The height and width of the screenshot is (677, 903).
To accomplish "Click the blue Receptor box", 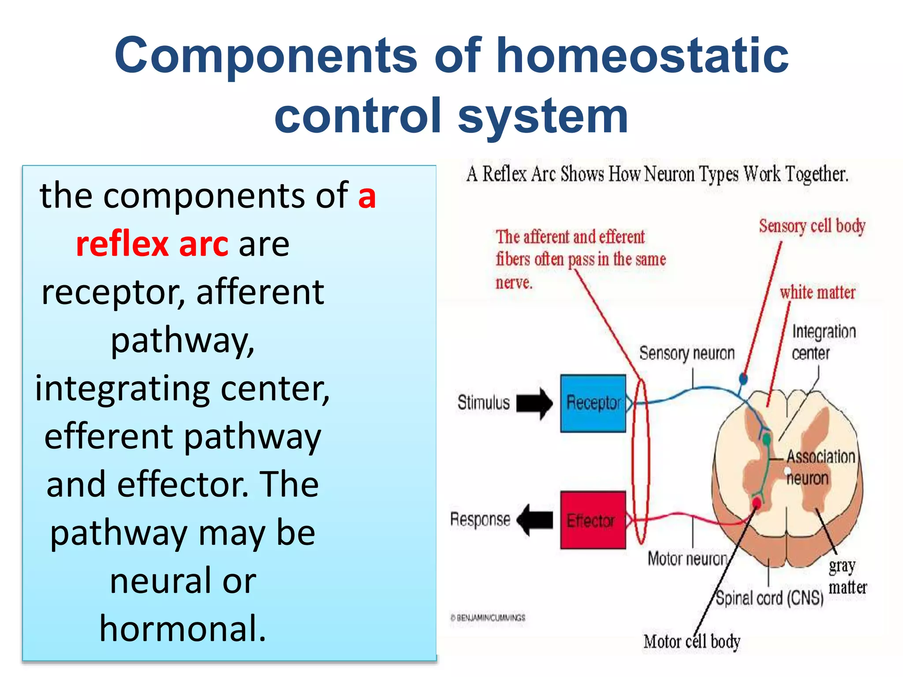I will (593, 403).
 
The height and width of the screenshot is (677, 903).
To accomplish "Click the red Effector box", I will (593, 520).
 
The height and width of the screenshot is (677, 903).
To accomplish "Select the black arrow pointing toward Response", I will (535, 520).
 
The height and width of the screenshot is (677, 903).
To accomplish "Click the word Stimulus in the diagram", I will (483, 402).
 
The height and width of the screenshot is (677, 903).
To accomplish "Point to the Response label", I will (480, 519).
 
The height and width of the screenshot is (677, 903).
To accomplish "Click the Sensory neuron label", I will (687, 353).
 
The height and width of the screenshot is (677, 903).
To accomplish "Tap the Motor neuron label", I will (687, 558).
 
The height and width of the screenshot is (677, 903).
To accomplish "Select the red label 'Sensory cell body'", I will (812, 226).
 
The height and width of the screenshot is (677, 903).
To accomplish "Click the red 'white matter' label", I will (817, 293).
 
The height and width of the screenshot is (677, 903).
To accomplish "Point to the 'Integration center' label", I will (823, 342).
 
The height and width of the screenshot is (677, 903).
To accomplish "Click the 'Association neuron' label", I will (820, 467).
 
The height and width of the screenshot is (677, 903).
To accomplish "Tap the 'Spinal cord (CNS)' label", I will (769, 598).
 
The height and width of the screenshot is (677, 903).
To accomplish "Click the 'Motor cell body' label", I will (691, 641).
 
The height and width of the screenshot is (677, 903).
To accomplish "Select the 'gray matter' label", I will (847, 577).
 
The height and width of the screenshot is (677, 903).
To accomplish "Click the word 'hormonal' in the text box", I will (183, 628).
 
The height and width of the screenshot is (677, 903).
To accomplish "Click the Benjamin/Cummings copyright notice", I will (488, 617).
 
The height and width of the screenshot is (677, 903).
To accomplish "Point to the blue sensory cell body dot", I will (743, 378).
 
